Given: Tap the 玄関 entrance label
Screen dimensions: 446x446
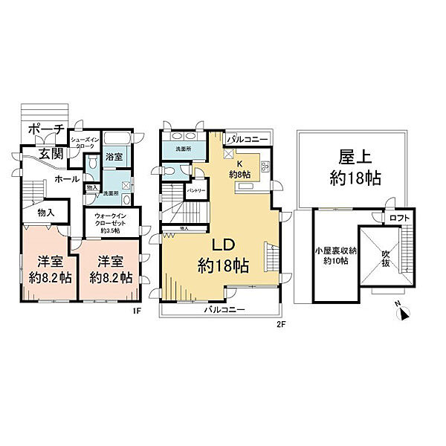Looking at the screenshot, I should (x=51, y=154).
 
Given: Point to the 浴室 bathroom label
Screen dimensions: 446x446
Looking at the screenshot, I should (x=114, y=158).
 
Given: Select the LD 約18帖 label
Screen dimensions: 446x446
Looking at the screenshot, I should (x=223, y=255).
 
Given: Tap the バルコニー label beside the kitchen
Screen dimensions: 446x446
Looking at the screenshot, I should (x=243, y=139).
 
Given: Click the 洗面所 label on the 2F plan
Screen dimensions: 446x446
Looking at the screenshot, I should (x=182, y=149).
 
